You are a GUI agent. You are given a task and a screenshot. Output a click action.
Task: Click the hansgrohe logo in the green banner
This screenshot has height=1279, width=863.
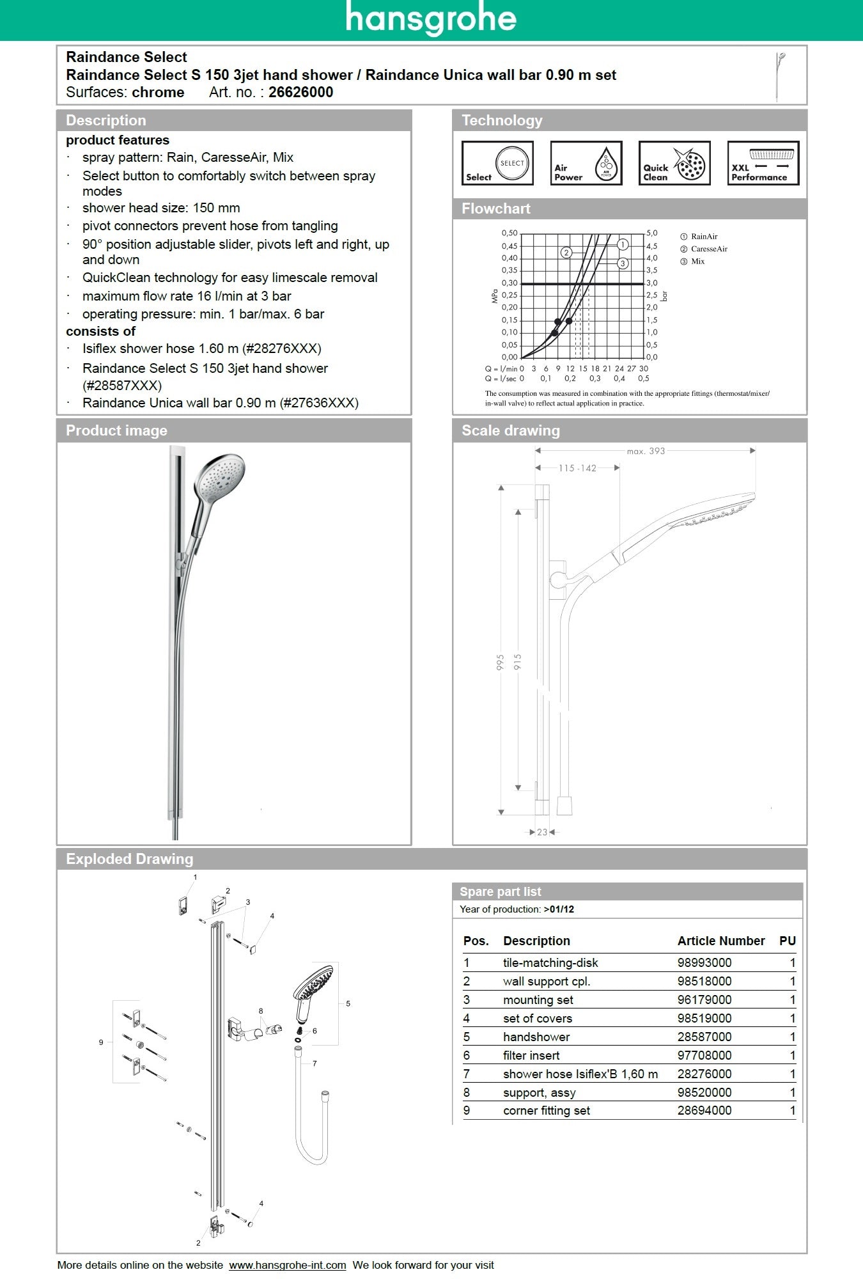click(431, 19)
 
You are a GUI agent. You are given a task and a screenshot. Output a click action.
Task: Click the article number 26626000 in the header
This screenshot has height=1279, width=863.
click(300, 92)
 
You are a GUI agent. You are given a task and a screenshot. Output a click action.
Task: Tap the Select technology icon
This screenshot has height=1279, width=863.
click(497, 164)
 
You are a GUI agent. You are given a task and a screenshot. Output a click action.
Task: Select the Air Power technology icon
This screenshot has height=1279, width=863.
click(586, 164)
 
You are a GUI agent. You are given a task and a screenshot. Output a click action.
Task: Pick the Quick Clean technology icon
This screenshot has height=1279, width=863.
click(674, 164)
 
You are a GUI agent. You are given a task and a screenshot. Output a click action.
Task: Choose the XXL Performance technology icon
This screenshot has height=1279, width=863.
click(763, 164)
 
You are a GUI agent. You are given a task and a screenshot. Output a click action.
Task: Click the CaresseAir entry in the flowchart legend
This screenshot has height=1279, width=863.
click(708, 249)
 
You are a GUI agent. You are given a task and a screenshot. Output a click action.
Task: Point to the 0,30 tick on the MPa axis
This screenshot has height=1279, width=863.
click(509, 283)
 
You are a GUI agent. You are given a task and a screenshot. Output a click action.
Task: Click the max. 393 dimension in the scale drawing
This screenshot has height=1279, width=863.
click(646, 451)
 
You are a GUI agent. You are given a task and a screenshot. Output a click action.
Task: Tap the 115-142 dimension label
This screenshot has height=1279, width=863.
click(577, 468)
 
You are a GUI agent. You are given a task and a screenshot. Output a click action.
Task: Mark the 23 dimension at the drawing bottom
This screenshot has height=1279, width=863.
click(542, 832)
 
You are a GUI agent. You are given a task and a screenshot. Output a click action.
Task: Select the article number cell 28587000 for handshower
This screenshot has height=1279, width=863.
click(704, 1037)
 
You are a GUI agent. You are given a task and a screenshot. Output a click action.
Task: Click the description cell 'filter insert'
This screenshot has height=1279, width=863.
click(531, 1055)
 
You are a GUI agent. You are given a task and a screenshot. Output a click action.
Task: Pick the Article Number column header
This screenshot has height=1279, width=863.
click(720, 941)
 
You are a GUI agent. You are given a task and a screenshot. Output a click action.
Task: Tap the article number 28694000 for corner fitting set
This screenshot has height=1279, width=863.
click(704, 1110)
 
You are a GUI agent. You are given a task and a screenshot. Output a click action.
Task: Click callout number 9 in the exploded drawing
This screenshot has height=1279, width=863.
click(101, 1042)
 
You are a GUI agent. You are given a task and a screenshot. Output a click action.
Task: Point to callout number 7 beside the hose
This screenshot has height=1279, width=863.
click(315, 1063)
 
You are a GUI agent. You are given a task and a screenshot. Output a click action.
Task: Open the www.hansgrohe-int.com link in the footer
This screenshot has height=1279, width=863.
click(288, 1265)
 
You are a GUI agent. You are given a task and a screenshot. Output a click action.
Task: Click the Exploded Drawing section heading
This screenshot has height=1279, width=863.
click(129, 859)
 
